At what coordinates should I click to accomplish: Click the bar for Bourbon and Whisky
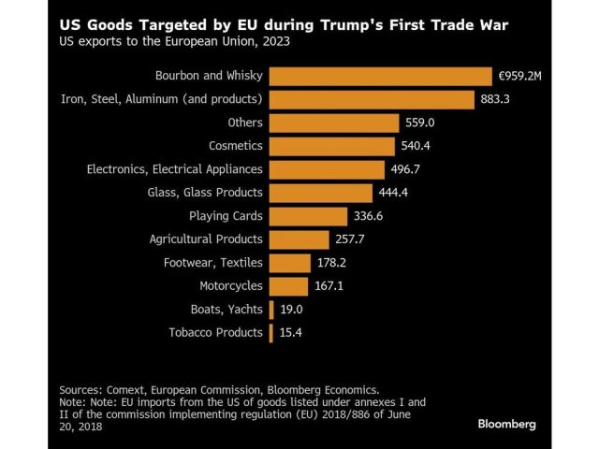coord(380,77)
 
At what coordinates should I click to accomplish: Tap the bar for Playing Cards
coord(301,216)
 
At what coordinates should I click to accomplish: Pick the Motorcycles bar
coord(288,286)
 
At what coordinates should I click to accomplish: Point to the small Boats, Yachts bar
coord(271,310)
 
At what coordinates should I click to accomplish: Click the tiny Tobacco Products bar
coord(270,333)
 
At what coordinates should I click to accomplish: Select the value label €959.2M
coord(523,77)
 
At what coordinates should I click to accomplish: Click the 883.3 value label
coord(497,100)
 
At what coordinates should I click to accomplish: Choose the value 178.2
coord(334,263)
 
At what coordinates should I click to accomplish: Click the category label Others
coord(245,123)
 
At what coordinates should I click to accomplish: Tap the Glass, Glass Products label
coord(205,193)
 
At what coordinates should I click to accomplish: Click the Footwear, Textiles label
coord(212,263)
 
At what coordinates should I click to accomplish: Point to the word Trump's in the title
coord(325,22)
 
